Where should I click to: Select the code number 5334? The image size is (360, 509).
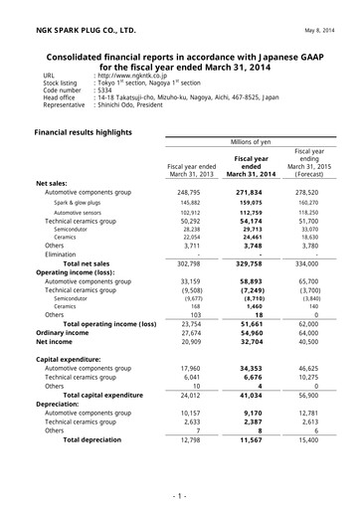(104, 91)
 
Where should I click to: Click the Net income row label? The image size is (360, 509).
(58, 341)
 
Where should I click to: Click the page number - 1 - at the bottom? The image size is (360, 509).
(179, 494)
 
